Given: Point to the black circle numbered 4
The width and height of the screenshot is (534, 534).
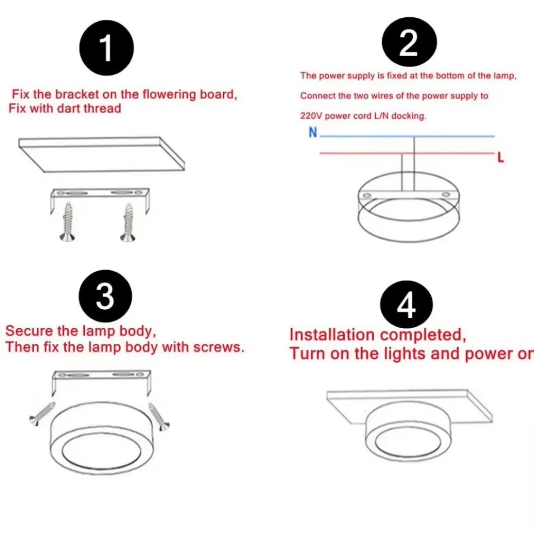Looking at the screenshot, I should [406, 304].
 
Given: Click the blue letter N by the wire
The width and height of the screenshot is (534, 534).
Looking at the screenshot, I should [312, 132].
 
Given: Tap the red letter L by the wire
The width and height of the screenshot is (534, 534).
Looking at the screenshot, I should [500, 158].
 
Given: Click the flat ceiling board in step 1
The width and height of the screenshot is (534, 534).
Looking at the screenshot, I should [102, 153].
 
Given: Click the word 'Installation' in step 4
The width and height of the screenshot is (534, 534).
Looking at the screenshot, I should [331, 335].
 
